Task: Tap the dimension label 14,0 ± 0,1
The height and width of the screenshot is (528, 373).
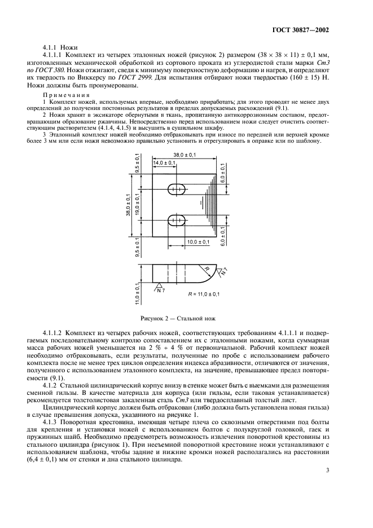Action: point(164,163)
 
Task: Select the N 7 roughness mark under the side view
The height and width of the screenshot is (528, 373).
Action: point(161,290)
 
